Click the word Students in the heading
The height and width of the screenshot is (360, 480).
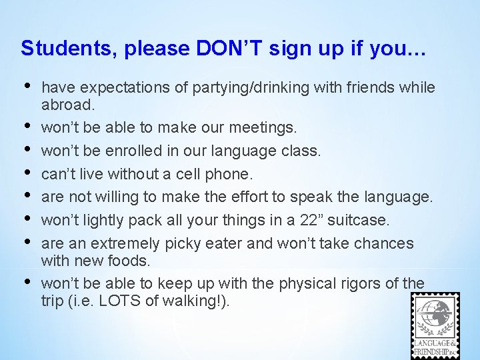click(59, 48)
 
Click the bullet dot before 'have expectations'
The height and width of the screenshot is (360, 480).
click(27, 85)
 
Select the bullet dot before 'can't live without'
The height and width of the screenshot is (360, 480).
click(27, 173)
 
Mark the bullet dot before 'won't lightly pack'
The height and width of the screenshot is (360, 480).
click(27, 219)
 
